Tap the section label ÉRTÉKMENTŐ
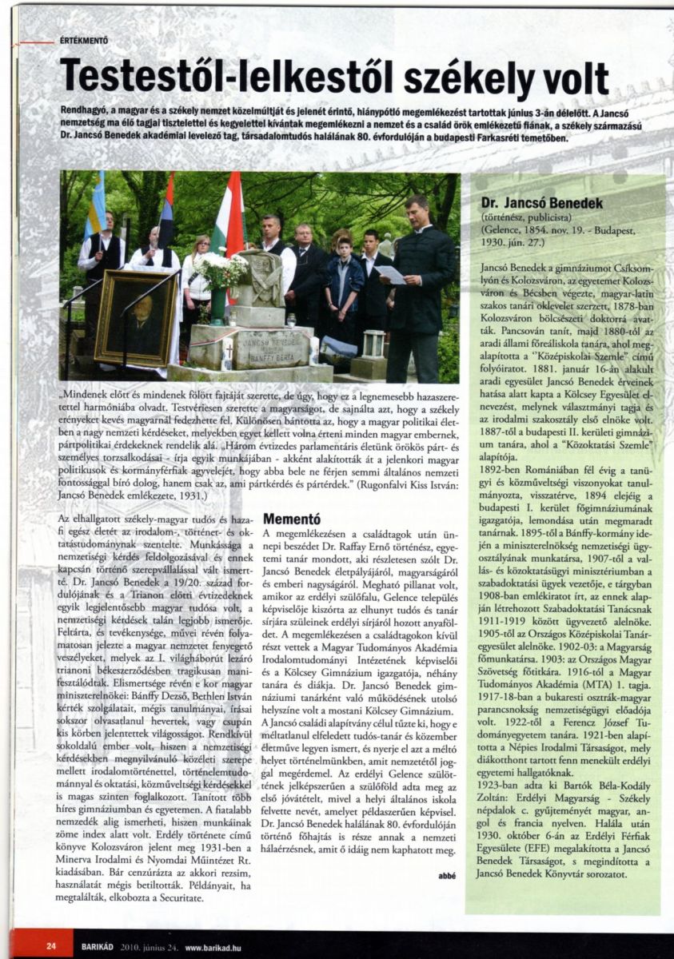click(84, 40)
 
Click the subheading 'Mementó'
click(292, 519)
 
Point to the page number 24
click(51, 945)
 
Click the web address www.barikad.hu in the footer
click(214, 946)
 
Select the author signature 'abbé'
click(446, 875)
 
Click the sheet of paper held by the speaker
click(389, 274)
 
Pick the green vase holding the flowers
click(217, 306)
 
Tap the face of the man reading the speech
click(416, 211)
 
